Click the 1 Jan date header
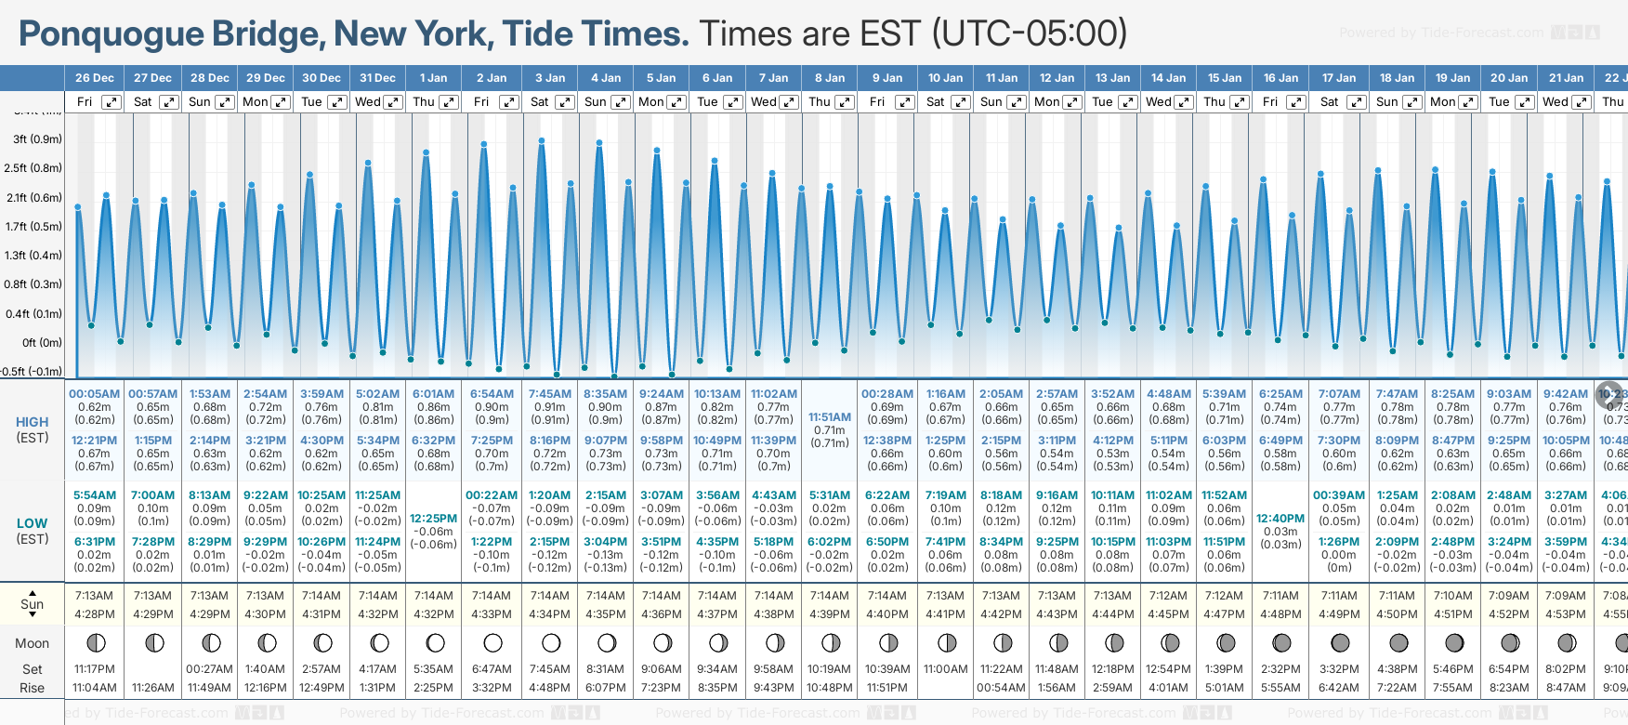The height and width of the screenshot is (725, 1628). (433, 78)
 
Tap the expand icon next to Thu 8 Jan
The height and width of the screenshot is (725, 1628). (844, 102)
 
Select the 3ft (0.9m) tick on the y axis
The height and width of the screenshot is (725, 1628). (38, 139)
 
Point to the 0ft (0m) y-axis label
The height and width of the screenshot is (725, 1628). (42, 342)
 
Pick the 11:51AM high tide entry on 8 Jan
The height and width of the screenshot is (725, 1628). (830, 417)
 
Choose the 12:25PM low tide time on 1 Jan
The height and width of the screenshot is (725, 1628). (433, 519)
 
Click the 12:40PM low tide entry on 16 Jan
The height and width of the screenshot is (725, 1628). (1280, 519)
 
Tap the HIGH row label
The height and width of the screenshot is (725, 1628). (33, 422)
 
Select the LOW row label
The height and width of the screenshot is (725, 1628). (33, 523)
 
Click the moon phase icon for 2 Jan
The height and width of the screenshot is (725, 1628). (492, 642)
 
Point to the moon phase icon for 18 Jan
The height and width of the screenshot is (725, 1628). (1398, 642)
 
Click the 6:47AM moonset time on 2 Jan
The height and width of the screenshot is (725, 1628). (492, 669)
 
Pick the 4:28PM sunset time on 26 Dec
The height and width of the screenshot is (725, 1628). (95, 614)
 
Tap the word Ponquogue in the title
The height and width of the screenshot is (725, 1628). (112, 34)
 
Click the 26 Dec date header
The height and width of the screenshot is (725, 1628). (95, 78)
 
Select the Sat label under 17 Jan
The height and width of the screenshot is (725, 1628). (1330, 102)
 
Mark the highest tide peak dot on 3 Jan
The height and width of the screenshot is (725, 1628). (542, 141)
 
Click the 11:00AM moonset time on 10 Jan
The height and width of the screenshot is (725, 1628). (945, 669)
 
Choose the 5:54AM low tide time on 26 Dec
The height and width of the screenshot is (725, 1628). (95, 495)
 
